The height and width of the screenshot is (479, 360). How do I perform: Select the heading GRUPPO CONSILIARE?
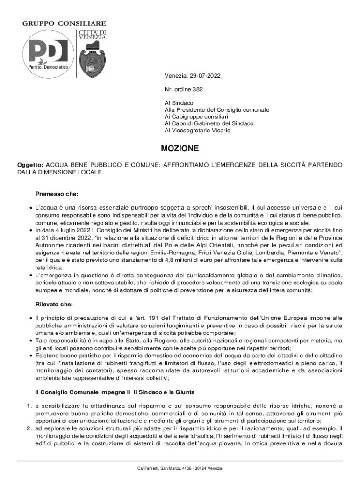pos(65,23)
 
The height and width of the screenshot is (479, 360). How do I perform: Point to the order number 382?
pos(197,89)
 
